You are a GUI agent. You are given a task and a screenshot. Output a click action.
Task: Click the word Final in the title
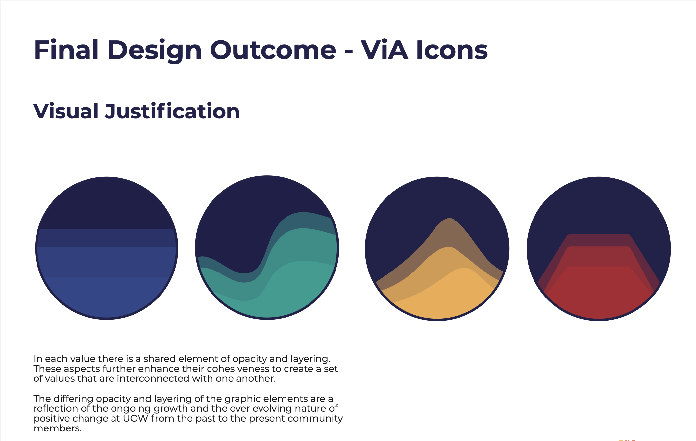point(66,50)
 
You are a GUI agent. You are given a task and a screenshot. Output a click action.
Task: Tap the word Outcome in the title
point(273,50)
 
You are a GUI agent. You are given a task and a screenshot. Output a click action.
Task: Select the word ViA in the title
point(385,50)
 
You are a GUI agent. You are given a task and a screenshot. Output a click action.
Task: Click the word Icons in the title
point(452,50)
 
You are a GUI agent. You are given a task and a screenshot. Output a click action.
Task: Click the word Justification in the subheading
point(172,111)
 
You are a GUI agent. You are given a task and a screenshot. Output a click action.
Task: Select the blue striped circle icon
point(107,248)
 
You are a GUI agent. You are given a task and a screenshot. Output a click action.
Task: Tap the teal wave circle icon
point(267,247)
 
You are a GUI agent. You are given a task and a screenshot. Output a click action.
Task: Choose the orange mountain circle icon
point(437,248)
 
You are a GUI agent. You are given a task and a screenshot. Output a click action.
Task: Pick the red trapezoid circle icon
point(599,248)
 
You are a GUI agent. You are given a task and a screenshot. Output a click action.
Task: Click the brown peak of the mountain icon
point(449,219)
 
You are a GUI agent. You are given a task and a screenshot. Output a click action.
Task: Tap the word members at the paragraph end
point(58,428)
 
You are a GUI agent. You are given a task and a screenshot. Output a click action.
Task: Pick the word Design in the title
point(154,50)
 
